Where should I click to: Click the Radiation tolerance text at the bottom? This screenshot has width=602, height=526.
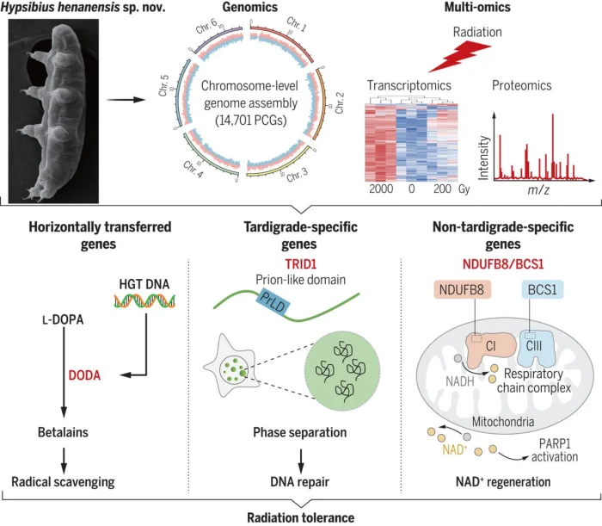pos(300,515)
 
